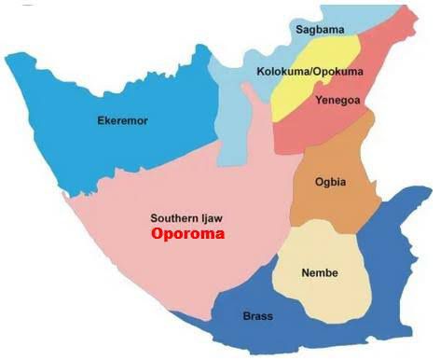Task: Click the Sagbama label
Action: [x=320, y=30]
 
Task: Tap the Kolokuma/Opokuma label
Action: [x=297, y=72]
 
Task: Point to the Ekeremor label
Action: [x=123, y=120]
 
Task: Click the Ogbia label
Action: [x=331, y=182]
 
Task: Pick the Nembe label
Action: [x=320, y=272]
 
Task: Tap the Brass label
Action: [x=257, y=316]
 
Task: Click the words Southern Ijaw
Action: [x=188, y=217]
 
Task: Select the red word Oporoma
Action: [x=188, y=234]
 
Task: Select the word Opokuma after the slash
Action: [x=320, y=72]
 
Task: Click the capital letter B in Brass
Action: [x=244, y=316]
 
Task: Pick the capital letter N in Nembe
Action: [x=306, y=272]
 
